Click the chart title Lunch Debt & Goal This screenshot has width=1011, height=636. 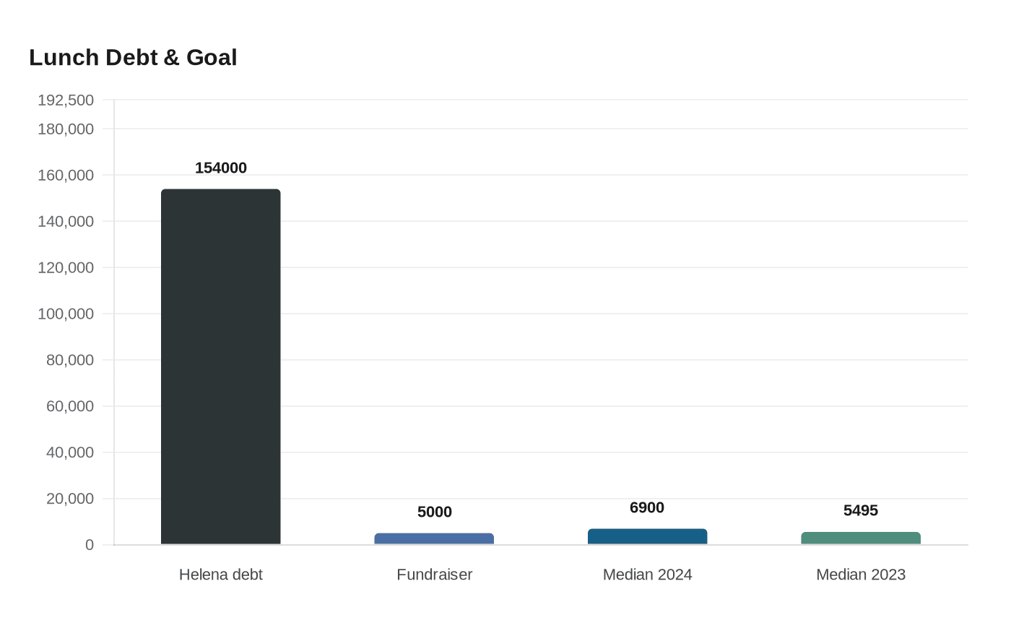[133, 58]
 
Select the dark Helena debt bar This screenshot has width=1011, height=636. [220, 366]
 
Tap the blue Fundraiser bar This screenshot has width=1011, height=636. [434, 538]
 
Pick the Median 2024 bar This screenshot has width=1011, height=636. [647, 536]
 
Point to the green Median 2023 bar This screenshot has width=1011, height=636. [860, 538]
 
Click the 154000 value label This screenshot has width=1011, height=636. [220, 168]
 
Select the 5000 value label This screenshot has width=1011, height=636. [434, 512]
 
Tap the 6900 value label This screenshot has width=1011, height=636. [647, 507]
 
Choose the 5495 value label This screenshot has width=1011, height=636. [860, 510]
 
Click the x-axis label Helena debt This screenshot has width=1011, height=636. [220, 575]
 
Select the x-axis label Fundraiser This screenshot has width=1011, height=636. [434, 575]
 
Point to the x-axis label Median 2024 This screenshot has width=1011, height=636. [647, 575]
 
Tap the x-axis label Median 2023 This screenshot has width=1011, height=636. [860, 575]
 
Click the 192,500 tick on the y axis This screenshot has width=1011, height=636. [66, 100]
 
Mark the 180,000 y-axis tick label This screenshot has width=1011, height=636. [66, 129]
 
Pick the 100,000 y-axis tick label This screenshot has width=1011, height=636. [66, 314]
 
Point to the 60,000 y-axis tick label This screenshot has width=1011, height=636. [70, 406]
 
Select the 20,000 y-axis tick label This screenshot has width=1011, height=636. [70, 499]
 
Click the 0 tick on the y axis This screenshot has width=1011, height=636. [90, 545]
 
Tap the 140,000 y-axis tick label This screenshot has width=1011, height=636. [66, 221]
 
